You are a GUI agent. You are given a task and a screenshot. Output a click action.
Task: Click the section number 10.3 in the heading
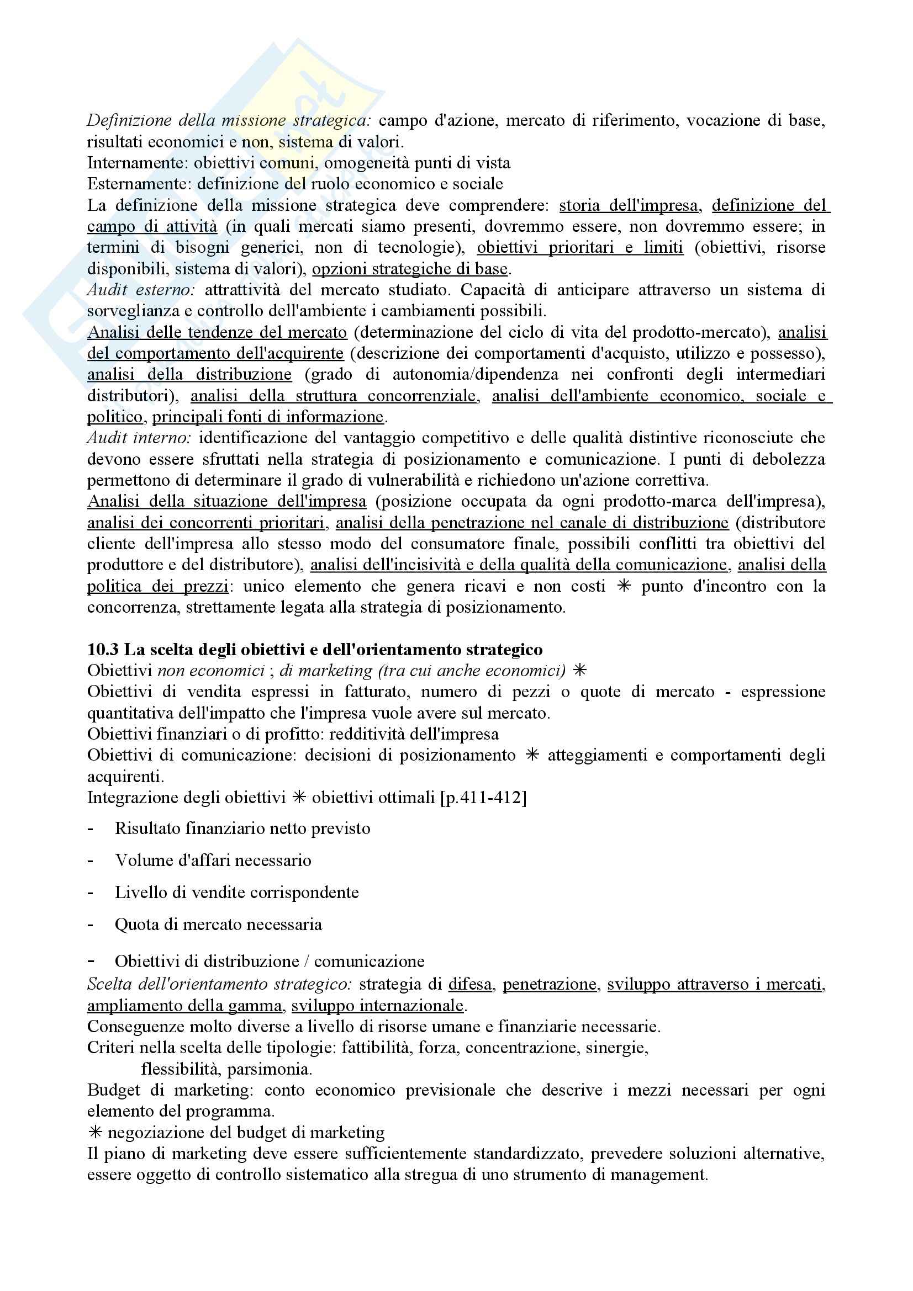(x=103, y=650)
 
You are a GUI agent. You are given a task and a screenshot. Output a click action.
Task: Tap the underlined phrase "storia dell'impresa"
(x=629, y=206)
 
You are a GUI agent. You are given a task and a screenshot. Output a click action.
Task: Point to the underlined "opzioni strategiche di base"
(x=410, y=269)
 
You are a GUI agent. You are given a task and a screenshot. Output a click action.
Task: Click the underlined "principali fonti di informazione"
(x=268, y=417)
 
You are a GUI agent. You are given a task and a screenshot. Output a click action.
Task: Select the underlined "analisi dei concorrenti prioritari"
(x=206, y=523)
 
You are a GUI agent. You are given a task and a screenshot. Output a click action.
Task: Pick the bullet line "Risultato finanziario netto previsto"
(x=242, y=828)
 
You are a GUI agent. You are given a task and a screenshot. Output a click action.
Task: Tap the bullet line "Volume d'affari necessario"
(x=213, y=860)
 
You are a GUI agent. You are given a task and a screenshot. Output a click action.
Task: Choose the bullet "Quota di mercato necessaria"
(x=218, y=925)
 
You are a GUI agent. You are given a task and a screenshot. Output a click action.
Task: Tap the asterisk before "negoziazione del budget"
(x=95, y=1133)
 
